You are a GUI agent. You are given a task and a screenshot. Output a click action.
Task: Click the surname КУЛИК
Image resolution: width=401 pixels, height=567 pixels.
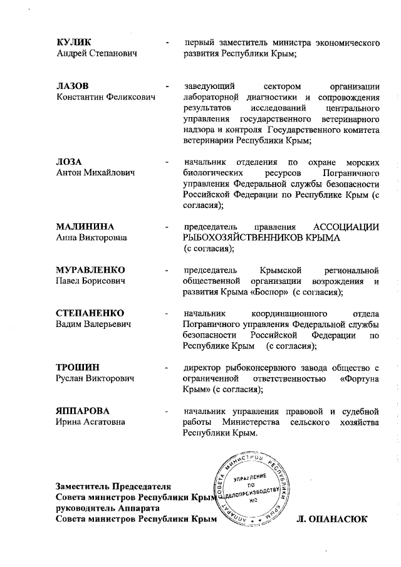tap(73, 43)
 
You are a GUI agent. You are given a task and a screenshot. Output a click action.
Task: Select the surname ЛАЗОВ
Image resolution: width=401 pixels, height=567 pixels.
tap(73, 85)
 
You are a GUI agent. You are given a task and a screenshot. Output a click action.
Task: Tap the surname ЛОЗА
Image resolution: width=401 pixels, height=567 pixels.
tap(70, 162)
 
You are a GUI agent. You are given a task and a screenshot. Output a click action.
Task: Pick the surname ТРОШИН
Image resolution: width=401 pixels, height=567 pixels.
tap(78, 367)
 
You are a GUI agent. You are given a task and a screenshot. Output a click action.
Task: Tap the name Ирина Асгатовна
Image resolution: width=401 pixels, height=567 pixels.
tap(90, 422)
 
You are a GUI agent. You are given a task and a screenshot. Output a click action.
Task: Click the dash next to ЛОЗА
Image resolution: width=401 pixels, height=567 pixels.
tap(167, 162)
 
